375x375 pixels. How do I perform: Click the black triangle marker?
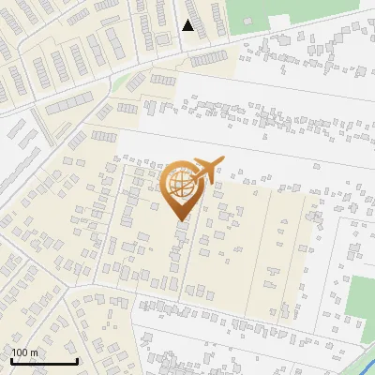click(x=188, y=25)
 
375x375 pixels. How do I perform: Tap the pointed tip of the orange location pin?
click(x=180, y=221)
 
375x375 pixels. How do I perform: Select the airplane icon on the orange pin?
click(x=207, y=167)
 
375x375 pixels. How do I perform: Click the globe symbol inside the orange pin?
click(x=180, y=185)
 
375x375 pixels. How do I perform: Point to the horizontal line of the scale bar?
click(x=44, y=362)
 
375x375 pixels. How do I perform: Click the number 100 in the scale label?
click(x=21, y=352)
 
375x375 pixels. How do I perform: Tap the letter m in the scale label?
click(x=35, y=353)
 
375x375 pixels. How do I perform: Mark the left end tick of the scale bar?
click(x=11, y=360)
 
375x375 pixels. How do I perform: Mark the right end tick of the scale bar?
click(x=77, y=360)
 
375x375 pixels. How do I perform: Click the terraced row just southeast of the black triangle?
click(x=209, y=58)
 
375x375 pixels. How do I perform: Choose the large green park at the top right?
click(x=300, y=14)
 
